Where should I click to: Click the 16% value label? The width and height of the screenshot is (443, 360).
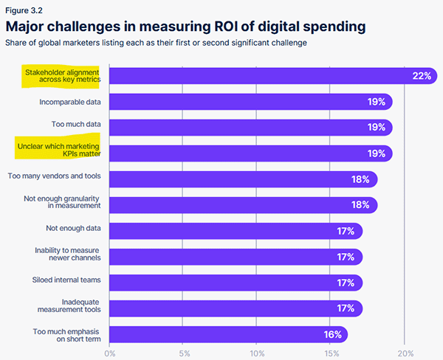pyautogui.click(x=332, y=334)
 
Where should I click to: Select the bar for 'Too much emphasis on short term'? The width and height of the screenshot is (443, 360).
pyautogui.click(x=229, y=334)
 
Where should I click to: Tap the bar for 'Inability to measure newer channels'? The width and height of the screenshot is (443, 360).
pyautogui.click(x=236, y=257)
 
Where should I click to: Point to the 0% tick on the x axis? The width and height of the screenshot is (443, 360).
pyautogui.click(x=110, y=353)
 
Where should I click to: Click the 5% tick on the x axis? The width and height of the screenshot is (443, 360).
pyautogui.click(x=185, y=353)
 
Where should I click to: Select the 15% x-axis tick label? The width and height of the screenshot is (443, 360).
pyautogui.click(x=332, y=353)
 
